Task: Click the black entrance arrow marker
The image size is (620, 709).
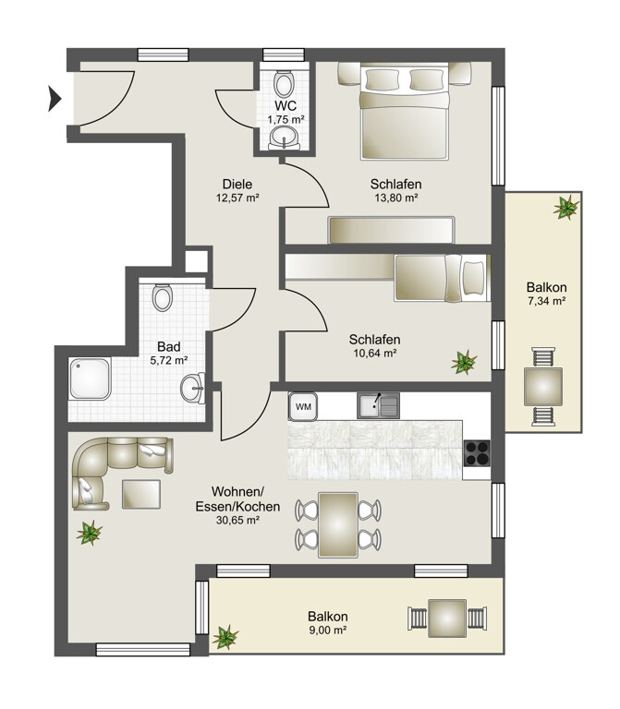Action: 55,99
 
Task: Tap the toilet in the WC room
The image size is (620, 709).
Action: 284,84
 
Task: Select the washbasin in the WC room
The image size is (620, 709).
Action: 285,137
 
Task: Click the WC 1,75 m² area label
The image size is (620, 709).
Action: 286,113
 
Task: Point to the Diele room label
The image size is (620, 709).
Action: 237,185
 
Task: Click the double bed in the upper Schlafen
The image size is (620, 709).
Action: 405,112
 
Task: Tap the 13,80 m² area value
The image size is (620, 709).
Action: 396,198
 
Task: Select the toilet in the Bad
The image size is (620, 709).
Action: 163,297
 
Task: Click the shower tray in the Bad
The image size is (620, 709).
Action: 90,378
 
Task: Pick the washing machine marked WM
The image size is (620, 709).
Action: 303,406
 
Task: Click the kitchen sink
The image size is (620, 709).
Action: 378,405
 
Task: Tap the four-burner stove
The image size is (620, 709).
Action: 477,452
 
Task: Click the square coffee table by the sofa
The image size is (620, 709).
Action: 141,494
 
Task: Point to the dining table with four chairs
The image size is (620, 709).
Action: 338,525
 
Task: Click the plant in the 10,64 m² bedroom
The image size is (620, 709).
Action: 464,362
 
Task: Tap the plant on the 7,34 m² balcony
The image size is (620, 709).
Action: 565,207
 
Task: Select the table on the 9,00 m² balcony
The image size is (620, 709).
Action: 447,619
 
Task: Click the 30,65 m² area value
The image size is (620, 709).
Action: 237,521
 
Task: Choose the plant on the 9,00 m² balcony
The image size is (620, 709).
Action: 225,637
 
